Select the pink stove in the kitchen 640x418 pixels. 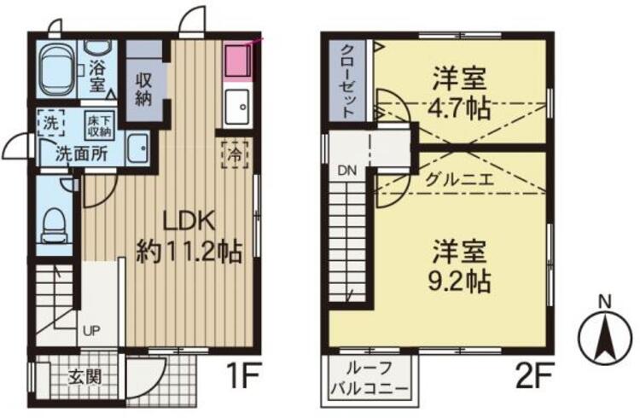[x=236, y=61]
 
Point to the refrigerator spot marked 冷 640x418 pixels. [x=233, y=156]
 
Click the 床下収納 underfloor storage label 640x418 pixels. [x=97, y=126]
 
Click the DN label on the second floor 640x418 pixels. [x=347, y=170]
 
